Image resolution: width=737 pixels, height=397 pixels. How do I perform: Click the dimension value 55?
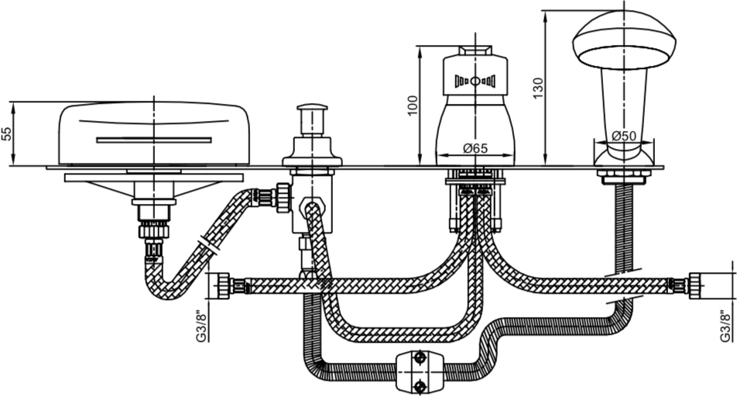point(6,133)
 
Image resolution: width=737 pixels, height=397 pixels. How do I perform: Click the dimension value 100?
point(412,106)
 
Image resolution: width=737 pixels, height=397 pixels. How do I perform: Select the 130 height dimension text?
point(538,88)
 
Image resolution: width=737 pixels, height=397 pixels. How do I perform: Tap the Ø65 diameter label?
point(475,148)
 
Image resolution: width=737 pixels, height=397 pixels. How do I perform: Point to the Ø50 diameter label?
point(624,136)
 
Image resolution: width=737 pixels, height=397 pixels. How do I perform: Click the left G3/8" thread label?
point(201,326)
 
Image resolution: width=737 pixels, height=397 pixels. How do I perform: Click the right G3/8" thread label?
point(727,326)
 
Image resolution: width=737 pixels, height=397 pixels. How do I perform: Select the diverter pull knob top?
point(312,109)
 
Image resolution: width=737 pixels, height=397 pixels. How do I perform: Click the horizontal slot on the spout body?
point(154,140)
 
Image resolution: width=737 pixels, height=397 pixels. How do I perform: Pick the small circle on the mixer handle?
point(475,81)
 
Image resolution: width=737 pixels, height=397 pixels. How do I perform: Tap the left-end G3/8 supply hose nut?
point(223,285)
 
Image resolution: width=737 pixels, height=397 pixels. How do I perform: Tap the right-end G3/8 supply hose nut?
point(697,285)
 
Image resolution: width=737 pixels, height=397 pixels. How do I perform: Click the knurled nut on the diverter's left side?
point(284,197)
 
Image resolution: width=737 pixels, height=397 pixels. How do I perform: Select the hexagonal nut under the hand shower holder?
point(624,177)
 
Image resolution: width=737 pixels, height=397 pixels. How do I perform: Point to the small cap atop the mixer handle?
point(475,51)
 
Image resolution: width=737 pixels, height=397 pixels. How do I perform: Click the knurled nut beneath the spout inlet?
point(153,231)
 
